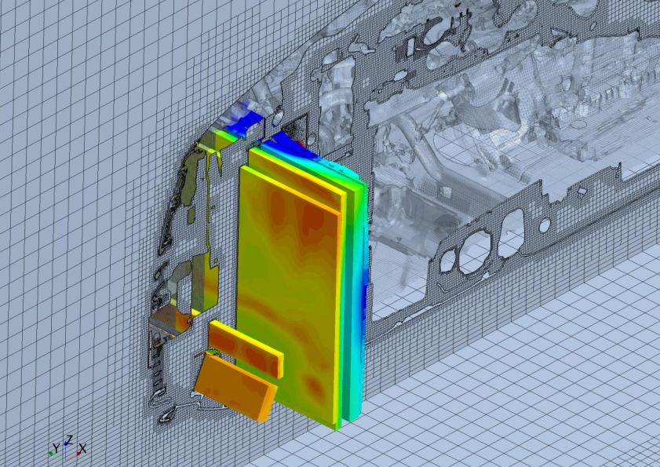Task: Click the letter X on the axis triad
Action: pyautogui.click(x=83, y=448)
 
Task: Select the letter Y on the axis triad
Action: pyautogui.click(x=56, y=448)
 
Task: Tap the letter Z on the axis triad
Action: pyautogui.click(x=69, y=440)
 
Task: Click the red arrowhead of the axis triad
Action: pyautogui.click(x=78, y=454)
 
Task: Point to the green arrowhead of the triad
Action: pyautogui.click(x=51, y=454)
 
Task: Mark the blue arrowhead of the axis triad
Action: pyautogui.click(x=66, y=443)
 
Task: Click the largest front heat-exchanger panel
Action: pyautogui.click(x=289, y=295)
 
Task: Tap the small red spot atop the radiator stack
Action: pyautogui.click(x=300, y=142)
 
